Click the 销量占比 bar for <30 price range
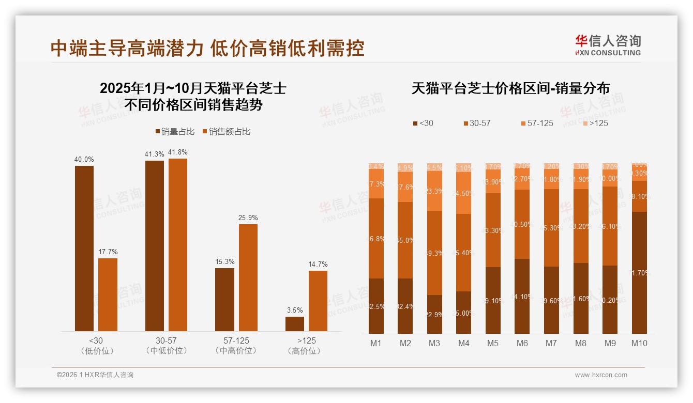[84, 248]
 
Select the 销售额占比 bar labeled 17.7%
[108, 295]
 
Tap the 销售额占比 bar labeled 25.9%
[248, 277]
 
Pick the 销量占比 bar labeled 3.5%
[295, 324]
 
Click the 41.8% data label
[178, 152]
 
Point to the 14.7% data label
[318, 265]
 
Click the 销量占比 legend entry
[175, 132]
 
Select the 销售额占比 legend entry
[227, 132]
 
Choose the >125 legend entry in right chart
[595, 123]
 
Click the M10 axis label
[639, 343]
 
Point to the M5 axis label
[493, 343]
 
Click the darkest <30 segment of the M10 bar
[639, 272]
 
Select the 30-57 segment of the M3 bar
[434, 253]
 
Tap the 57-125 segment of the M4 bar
[464, 192]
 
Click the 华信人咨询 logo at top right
[608, 45]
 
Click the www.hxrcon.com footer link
[601, 375]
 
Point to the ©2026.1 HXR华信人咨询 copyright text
[95, 375]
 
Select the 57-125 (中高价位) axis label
[236, 346]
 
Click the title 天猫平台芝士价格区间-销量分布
[510, 88]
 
